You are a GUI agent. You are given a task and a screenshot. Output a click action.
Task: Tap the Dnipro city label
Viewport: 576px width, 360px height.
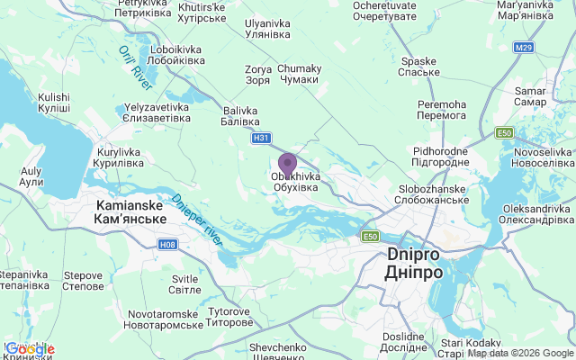tap(414, 263)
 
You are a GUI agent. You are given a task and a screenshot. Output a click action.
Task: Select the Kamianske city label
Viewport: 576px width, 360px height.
tap(130, 212)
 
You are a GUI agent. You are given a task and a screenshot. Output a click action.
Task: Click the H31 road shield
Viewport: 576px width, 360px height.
tap(261, 138)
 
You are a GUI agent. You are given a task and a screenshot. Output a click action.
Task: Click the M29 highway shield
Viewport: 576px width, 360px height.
tap(524, 46)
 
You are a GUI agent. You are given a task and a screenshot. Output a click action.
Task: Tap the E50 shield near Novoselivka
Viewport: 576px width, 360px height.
tap(505, 133)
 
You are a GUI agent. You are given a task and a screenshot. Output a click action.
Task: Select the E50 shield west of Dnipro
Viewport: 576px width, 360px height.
tap(370, 236)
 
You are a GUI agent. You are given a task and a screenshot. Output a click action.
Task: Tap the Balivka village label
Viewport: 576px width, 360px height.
tap(240, 115)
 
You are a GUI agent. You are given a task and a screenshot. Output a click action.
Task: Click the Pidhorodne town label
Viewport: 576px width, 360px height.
tap(441, 157)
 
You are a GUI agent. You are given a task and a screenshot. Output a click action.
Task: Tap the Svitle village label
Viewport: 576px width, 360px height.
tap(184, 284)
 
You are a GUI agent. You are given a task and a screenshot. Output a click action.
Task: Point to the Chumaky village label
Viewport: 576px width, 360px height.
tap(299, 74)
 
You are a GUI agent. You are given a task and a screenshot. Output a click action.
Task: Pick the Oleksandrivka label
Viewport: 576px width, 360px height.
tap(536, 214)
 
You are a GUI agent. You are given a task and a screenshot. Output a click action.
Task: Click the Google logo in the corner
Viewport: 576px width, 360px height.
tap(29, 349)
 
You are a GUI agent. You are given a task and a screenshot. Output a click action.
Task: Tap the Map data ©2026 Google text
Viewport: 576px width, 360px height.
tap(520, 353)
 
